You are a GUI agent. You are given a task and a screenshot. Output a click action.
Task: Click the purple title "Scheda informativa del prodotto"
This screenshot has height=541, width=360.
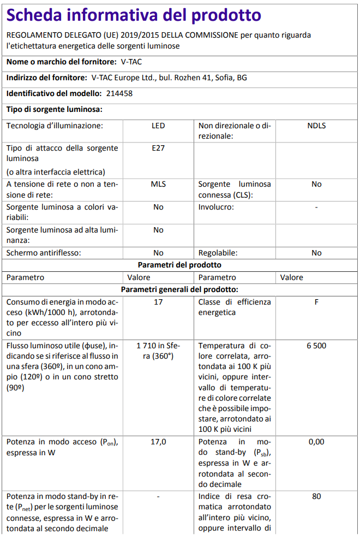click(x=134, y=15)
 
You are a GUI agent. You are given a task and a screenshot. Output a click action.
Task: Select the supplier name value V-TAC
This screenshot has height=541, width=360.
click(x=131, y=62)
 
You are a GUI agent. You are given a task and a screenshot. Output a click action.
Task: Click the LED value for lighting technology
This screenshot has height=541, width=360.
click(x=158, y=126)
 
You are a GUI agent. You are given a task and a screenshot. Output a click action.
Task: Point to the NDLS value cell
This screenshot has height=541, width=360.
click(x=316, y=126)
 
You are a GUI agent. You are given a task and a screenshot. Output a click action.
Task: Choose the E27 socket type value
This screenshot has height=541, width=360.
click(x=158, y=148)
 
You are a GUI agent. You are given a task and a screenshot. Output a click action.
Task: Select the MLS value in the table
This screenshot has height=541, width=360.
click(x=158, y=184)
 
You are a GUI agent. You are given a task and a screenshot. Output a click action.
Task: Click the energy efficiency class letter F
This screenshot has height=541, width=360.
click(x=316, y=302)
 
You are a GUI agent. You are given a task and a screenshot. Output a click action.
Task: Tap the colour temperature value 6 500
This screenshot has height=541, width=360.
click(x=316, y=346)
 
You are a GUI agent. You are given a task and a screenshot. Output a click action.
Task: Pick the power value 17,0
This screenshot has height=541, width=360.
click(x=158, y=442)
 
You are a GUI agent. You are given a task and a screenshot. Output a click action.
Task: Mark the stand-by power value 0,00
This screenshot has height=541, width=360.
click(x=316, y=442)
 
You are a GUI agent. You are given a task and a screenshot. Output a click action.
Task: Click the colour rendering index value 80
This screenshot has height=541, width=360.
click(x=316, y=496)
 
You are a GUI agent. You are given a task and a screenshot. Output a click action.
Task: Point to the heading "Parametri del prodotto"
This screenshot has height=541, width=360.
click(x=179, y=265)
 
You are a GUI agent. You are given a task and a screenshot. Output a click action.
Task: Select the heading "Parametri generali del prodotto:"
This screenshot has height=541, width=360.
click(x=179, y=289)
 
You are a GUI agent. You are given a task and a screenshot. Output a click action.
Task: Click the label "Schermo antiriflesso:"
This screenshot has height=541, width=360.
click(x=44, y=253)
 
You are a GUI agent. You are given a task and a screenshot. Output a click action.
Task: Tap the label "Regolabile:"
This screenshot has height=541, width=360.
click(x=218, y=253)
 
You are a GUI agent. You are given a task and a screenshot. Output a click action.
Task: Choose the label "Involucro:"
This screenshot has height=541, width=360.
click(x=216, y=207)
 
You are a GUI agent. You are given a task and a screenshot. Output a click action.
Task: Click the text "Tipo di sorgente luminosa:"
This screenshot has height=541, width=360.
click(x=55, y=110)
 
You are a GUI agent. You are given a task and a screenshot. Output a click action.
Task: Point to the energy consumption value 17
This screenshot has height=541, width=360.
click(x=158, y=302)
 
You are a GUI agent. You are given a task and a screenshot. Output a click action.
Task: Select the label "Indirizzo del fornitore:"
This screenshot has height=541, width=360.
click(x=47, y=78)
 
